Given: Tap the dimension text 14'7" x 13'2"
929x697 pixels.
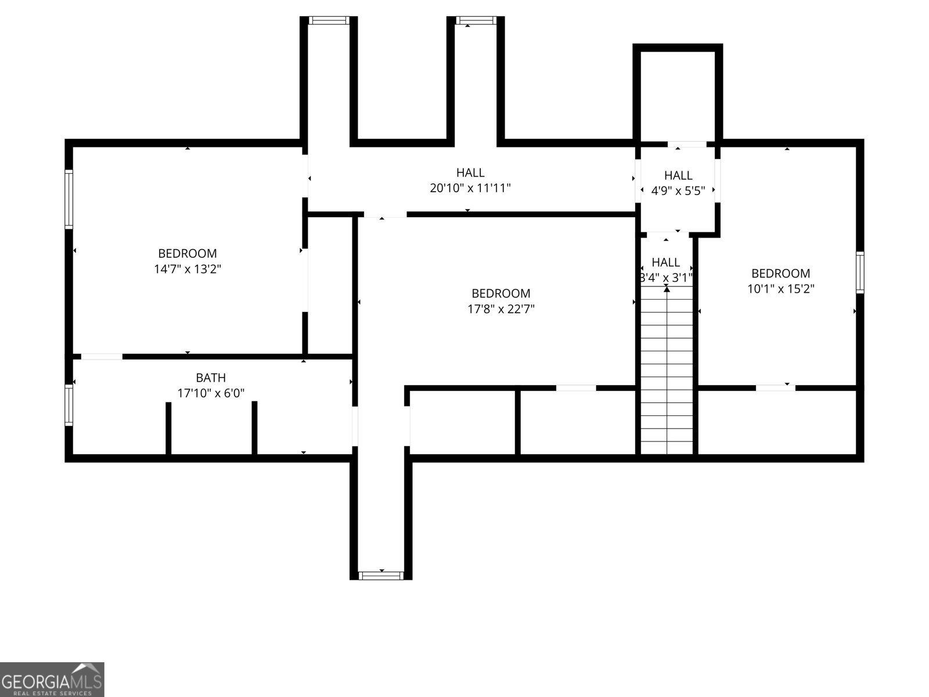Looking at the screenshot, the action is tap(188, 269).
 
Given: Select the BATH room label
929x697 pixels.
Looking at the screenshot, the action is tap(211, 378).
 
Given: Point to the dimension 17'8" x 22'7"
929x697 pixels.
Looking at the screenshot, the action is tap(500, 309).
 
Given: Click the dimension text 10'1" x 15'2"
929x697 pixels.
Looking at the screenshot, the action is tap(780, 289).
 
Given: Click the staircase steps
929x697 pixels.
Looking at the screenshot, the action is tap(667, 370).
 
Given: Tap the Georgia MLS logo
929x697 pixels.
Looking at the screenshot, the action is tap(52, 680).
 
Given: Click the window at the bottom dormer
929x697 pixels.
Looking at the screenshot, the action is tap(381, 576).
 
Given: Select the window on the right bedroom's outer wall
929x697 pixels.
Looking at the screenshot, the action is tap(860, 272).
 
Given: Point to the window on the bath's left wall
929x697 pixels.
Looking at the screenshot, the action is tap(69, 405).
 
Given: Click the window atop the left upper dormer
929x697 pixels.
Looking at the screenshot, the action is tap(329, 20).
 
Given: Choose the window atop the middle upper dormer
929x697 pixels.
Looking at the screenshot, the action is tap(476, 20).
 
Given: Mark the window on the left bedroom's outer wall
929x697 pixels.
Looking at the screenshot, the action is tap(69, 199).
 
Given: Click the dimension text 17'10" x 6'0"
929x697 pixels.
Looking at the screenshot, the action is tap(211, 393).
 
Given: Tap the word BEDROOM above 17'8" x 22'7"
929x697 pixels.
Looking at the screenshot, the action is tap(500, 293).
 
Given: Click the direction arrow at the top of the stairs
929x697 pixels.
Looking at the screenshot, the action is tap(667, 289).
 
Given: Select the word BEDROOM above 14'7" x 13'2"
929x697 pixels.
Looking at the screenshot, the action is tap(188, 253).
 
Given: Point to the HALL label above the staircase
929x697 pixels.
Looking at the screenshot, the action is tap(666, 263).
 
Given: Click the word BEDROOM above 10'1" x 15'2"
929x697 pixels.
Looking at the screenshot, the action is tap(780, 274).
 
